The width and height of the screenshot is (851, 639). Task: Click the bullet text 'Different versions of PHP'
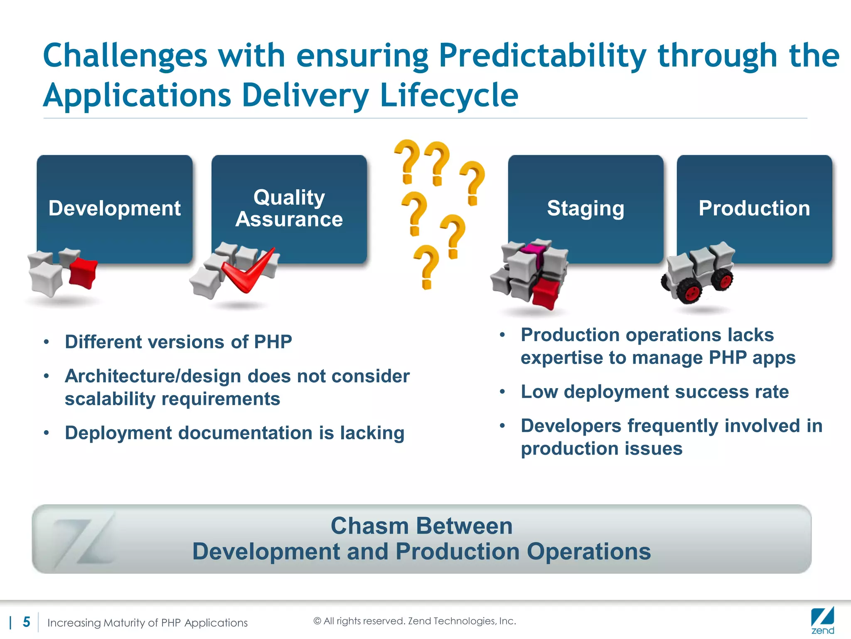click(178, 342)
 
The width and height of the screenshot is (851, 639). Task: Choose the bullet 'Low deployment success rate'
click(654, 392)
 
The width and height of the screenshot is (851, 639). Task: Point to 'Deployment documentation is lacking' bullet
click(234, 433)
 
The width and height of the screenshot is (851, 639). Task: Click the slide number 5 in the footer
click(26, 622)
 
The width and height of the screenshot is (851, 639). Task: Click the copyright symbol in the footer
click(317, 621)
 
